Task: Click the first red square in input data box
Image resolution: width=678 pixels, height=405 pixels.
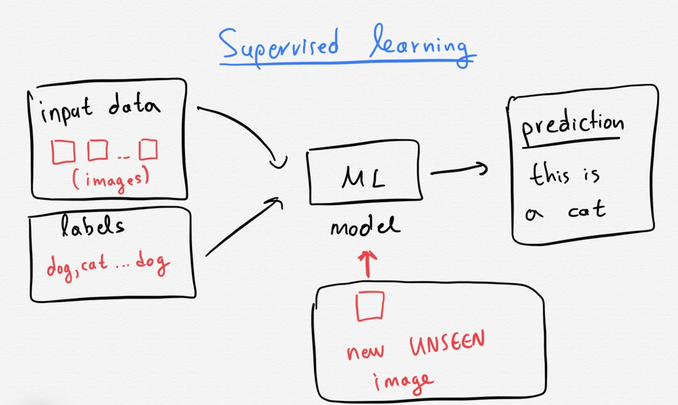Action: click(x=63, y=151)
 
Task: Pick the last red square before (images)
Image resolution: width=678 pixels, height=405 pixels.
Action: click(x=148, y=150)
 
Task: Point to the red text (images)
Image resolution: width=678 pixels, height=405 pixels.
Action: click(x=110, y=180)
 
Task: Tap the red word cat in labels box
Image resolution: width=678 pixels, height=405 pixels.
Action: click(x=95, y=265)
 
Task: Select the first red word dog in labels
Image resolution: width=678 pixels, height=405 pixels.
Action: click(x=60, y=267)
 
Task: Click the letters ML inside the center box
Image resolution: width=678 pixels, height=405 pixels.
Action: click(x=363, y=178)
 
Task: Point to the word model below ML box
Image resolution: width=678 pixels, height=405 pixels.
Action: click(x=364, y=226)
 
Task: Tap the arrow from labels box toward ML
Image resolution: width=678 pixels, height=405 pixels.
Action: click(x=244, y=228)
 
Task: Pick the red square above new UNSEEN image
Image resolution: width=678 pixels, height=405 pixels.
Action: click(x=370, y=306)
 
